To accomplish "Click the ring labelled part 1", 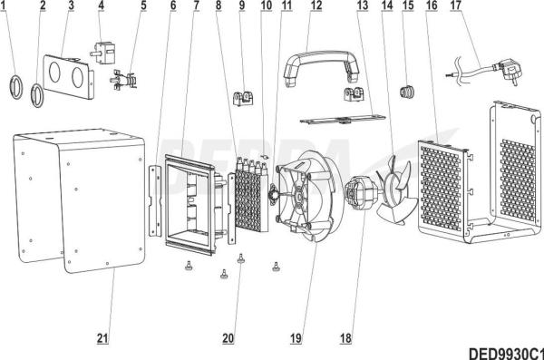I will (x=15, y=87).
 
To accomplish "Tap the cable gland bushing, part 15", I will (x=408, y=92).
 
